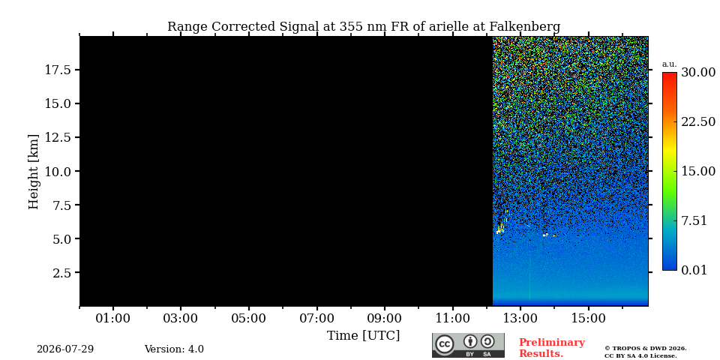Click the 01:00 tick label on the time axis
(x=113, y=318)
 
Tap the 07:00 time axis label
(x=316, y=318)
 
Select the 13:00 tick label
(x=520, y=318)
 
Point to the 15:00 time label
(x=589, y=318)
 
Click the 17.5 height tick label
(x=58, y=70)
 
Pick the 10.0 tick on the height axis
(x=58, y=171)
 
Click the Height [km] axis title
(x=34, y=172)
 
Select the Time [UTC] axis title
(x=363, y=336)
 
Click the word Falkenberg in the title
(x=525, y=27)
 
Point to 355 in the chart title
(x=350, y=27)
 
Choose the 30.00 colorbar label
(x=698, y=73)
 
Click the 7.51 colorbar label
(x=694, y=220)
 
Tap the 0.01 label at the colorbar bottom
(x=694, y=270)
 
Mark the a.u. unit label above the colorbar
(x=670, y=64)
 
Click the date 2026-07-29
(x=65, y=349)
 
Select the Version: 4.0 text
(x=174, y=349)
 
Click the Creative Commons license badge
(x=468, y=345)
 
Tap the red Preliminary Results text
(x=552, y=348)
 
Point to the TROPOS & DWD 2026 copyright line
(x=646, y=349)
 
